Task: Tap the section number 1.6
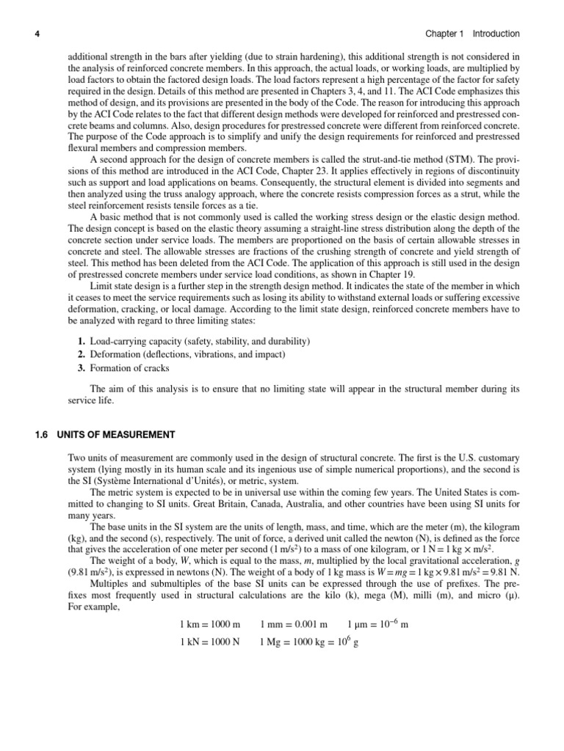click(41, 436)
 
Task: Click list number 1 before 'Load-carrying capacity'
click(81, 342)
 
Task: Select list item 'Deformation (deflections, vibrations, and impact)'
click(187, 355)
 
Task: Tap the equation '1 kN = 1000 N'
click(210, 643)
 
